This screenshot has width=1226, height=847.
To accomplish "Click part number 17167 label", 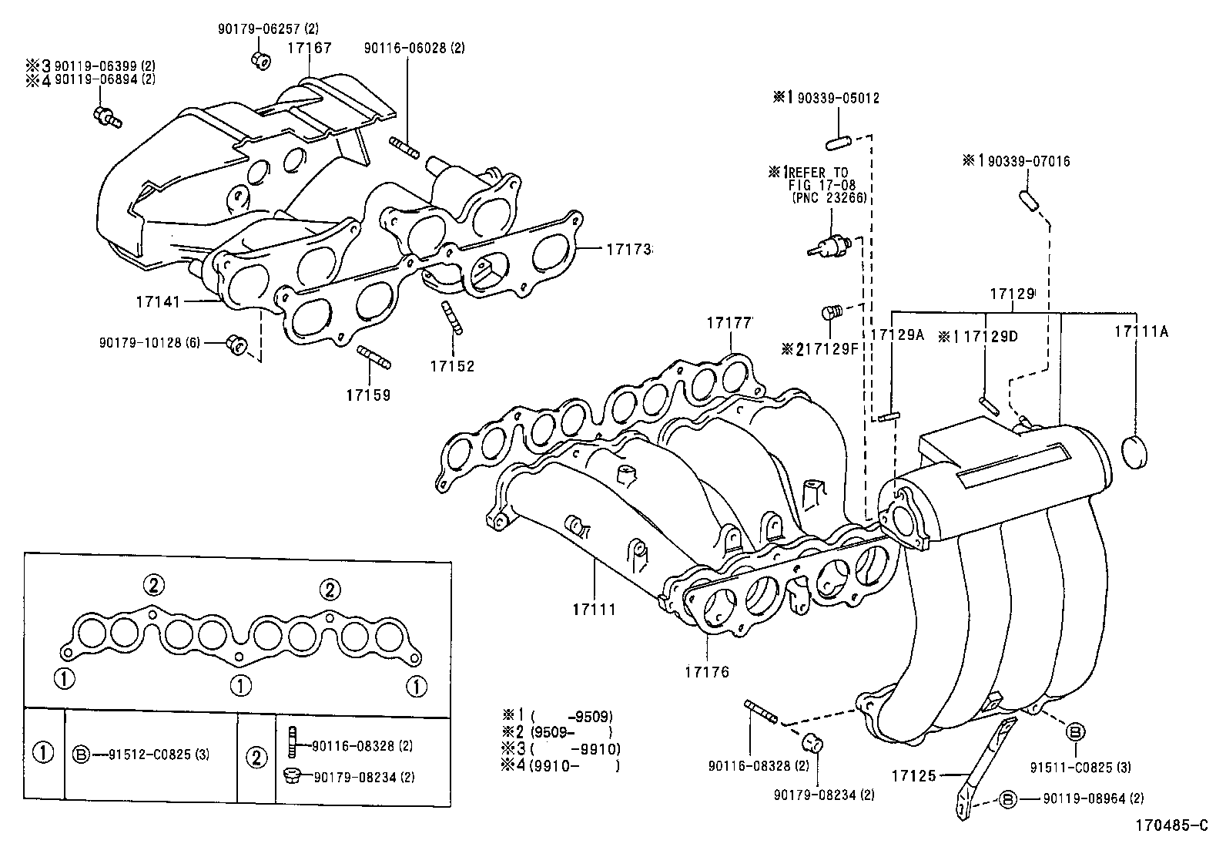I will tap(310, 48).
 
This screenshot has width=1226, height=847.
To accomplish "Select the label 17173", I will tap(628, 250).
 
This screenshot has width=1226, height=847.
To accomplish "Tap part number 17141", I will tap(158, 301).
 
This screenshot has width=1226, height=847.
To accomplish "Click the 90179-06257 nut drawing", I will tap(260, 59).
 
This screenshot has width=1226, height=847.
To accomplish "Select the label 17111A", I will tap(1141, 331).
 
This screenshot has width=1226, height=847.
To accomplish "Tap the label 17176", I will tap(706, 671).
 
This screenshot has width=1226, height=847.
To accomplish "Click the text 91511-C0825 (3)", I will tap(1080, 767).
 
